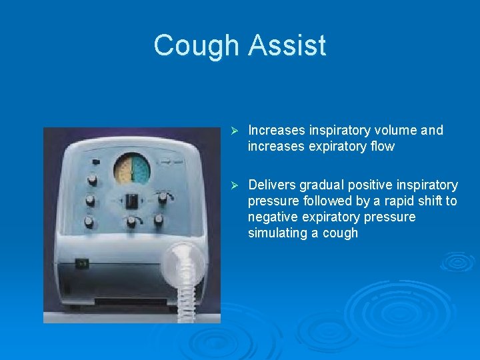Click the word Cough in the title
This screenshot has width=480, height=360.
click(x=196, y=45)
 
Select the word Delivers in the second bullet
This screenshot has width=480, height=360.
click(x=273, y=185)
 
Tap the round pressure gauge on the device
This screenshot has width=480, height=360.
click(x=132, y=168)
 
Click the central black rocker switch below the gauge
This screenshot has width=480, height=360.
click(x=132, y=199)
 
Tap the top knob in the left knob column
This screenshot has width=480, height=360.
click(x=91, y=179)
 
